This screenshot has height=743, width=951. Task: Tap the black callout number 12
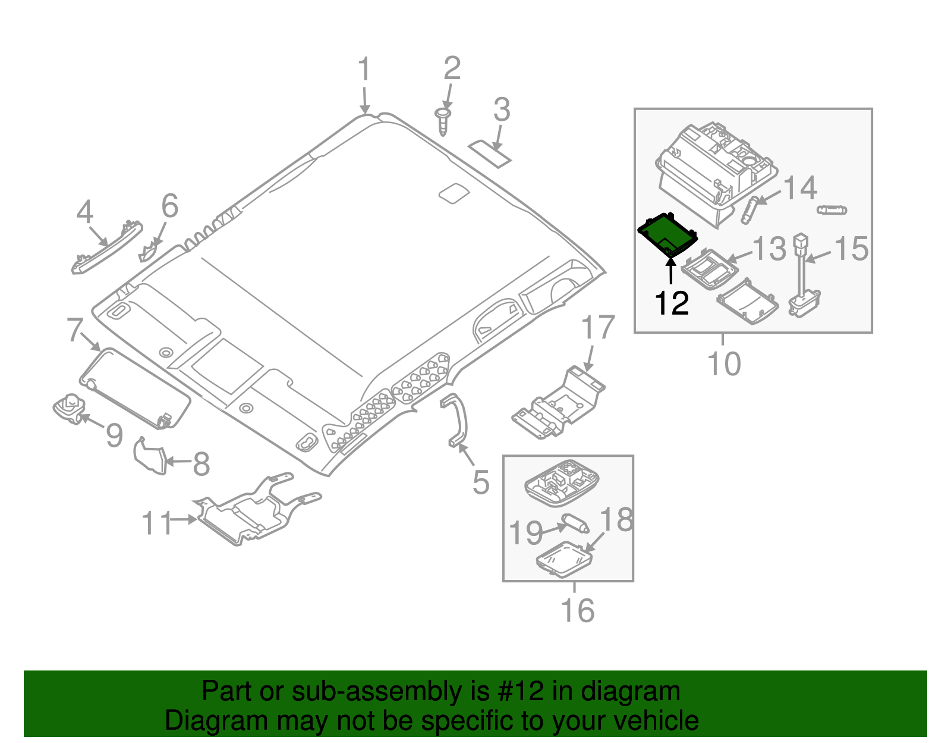[x=672, y=303]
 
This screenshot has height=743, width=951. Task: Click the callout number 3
[x=502, y=111]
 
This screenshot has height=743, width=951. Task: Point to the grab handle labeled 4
[x=107, y=247]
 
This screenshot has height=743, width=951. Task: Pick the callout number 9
[x=114, y=435]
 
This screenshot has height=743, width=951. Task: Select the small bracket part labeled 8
[x=150, y=457]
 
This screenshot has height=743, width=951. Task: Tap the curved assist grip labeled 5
[x=458, y=419]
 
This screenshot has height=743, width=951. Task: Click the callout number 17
[x=597, y=328]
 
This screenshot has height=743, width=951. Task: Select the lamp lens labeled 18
[x=563, y=559]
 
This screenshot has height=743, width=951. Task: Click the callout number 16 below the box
[x=577, y=610]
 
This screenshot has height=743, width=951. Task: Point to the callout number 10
[x=724, y=363]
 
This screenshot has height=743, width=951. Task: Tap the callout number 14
[x=800, y=189]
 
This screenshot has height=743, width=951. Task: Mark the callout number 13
[x=769, y=249]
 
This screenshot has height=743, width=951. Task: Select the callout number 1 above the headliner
[x=364, y=70]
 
